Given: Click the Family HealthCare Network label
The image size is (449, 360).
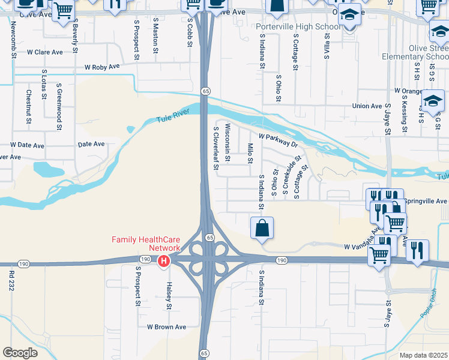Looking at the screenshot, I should (x=146, y=244).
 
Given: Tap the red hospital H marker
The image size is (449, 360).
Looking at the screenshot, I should (x=163, y=262).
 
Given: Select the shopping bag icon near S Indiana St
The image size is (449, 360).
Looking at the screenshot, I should (x=262, y=228).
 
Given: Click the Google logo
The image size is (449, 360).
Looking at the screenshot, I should (x=20, y=353).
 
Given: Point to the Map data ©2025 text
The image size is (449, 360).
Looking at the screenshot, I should (x=423, y=355).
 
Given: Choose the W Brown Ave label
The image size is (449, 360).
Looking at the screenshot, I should (x=167, y=327).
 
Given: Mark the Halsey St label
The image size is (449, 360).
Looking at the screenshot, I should (x=169, y=296).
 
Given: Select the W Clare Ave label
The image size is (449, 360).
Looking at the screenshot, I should (x=45, y=52).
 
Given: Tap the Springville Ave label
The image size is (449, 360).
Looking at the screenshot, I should (x=426, y=200).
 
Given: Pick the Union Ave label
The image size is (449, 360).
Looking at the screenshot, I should (x=367, y=106).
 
